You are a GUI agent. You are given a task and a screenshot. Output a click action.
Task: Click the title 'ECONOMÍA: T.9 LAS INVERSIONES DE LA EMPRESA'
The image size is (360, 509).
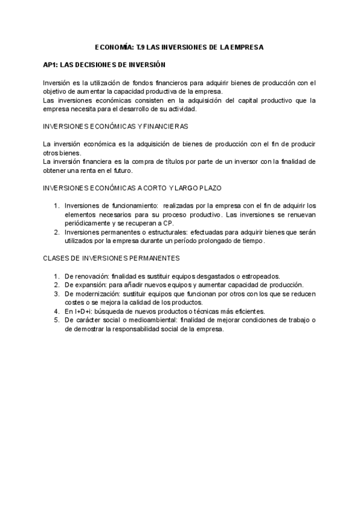(179, 47)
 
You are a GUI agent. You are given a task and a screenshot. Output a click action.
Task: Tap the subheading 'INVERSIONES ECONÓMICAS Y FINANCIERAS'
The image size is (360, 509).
(116, 127)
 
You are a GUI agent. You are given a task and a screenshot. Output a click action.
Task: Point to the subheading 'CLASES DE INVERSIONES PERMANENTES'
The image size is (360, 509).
(111, 258)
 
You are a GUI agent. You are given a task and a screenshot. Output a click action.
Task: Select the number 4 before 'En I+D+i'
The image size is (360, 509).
(56, 312)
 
